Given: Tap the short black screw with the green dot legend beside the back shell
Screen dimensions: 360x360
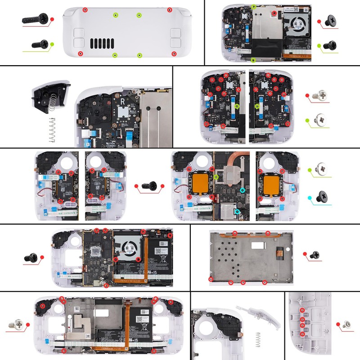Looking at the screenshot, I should pos(40,44).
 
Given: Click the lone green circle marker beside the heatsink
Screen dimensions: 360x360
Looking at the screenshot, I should pos(216,178).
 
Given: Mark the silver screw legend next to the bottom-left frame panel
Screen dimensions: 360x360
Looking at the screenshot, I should pos(19,323).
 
